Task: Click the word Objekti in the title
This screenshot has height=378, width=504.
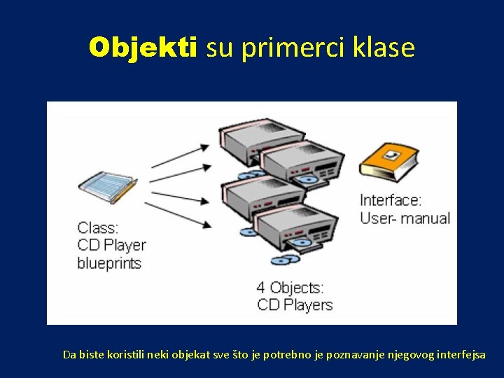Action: (143, 48)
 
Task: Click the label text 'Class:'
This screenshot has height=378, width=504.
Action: (98, 227)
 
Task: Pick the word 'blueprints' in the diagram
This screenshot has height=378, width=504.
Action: (109, 264)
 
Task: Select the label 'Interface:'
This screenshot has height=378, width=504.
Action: (391, 200)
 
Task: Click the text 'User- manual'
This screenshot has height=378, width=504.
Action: (405, 218)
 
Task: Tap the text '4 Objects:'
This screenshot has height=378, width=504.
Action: (290, 287)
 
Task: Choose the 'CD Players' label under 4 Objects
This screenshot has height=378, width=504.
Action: (295, 305)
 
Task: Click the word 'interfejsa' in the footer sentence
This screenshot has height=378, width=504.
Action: (461, 354)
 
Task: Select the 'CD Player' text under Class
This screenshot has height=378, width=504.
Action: (111, 246)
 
